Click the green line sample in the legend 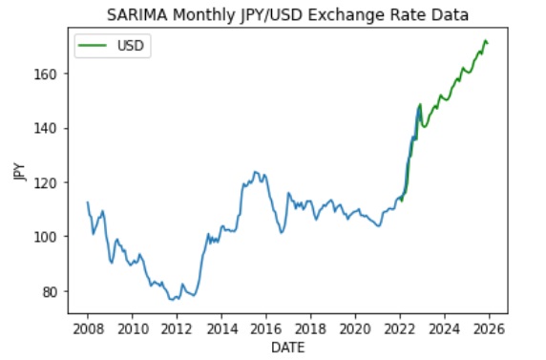[95, 46]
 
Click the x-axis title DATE [287, 349]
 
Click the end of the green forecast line [488, 43]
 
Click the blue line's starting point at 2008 [88, 202]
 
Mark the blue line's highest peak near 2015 [255, 172]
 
